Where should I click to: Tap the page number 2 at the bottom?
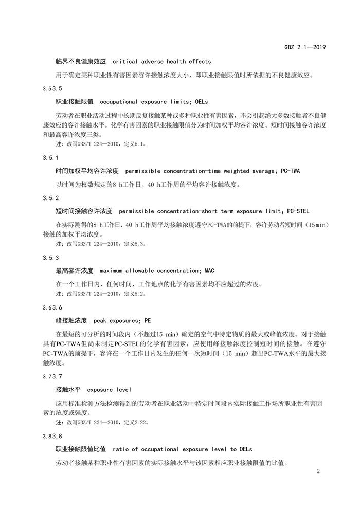point(319,471)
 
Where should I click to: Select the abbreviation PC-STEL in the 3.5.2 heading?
point(298,211)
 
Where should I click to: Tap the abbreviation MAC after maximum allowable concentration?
point(209,270)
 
